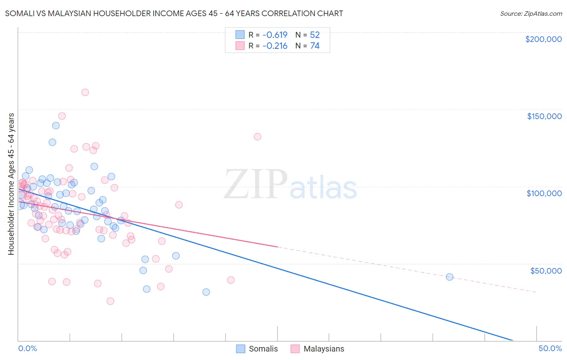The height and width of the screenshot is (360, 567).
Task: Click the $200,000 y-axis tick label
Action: pyautogui.click(x=543, y=39)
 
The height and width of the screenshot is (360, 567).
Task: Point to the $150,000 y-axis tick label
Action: pyautogui.click(x=544, y=116)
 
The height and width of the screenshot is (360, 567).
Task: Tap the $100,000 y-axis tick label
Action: pyautogui.click(x=544, y=193)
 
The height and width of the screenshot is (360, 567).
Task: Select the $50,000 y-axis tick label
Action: pyautogui.click(x=546, y=270)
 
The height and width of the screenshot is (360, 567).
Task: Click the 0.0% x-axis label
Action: pyautogui.click(x=27, y=348)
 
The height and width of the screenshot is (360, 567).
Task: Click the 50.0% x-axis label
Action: pyautogui.click(x=550, y=348)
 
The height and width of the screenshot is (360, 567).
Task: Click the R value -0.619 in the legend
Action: pyautogui.click(x=275, y=35)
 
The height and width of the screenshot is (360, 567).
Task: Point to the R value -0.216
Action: pyautogui.click(x=275, y=46)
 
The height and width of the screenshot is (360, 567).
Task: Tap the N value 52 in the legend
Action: pyautogui.click(x=315, y=35)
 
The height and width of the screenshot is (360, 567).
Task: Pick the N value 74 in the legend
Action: pyautogui.click(x=315, y=46)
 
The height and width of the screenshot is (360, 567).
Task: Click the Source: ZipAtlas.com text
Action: pyautogui.click(x=531, y=14)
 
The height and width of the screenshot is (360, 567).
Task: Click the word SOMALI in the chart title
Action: pyautogui.click(x=20, y=13)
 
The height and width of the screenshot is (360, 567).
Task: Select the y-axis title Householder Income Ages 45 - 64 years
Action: pyautogui.click(x=11, y=184)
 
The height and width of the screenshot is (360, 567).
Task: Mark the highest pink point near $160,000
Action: pyautogui.click(x=85, y=92)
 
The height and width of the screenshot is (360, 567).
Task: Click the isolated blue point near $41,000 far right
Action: pyautogui.click(x=450, y=277)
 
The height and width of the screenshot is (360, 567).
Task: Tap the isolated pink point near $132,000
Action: pyautogui.click(x=257, y=137)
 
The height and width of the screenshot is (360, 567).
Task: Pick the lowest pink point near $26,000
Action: pyautogui.click(x=110, y=301)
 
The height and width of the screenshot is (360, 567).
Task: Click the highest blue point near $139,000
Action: pyautogui.click(x=56, y=126)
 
